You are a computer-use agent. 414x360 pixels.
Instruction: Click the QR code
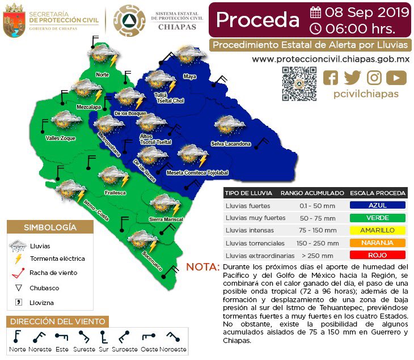[x=299, y=83]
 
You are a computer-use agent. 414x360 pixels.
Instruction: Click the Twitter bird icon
[x=352, y=78]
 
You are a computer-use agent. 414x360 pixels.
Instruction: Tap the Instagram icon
[x=374, y=78]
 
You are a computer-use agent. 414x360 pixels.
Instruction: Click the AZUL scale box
[x=377, y=206]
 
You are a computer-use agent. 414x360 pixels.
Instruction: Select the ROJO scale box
[x=377, y=255]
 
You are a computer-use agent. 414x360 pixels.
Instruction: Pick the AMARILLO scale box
[x=377, y=230]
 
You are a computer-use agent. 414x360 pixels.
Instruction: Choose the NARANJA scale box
[x=377, y=243]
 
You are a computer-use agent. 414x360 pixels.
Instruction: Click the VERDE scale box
[x=377, y=218]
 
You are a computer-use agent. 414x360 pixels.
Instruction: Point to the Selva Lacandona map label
[x=230, y=144]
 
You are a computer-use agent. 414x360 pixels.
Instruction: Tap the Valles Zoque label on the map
[x=60, y=138]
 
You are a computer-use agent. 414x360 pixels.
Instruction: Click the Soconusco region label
[x=149, y=260]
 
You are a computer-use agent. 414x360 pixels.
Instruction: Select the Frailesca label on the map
[x=115, y=193]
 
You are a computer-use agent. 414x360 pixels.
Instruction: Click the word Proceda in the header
[x=257, y=19]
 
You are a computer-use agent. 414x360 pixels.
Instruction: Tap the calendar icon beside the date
[x=316, y=12]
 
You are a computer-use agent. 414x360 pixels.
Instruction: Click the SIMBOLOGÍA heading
[x=50, y=227]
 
